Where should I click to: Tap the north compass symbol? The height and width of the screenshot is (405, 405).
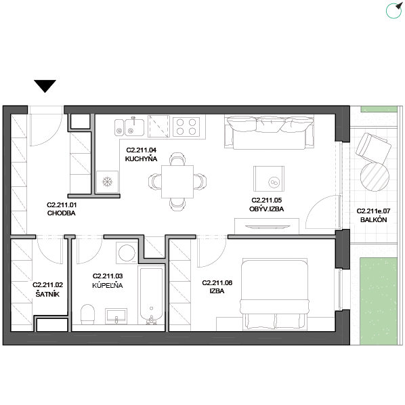click(394, 10)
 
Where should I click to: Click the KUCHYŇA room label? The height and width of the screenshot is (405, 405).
click(141, 159)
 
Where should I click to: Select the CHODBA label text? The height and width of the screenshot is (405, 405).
click(61, 213)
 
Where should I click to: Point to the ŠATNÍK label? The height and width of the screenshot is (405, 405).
click(47, 294)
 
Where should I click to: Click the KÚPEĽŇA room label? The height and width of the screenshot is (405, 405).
click(108, 285)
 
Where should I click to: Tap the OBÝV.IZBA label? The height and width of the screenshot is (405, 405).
click(267, 209)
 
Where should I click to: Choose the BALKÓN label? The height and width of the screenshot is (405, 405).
click(373, 220)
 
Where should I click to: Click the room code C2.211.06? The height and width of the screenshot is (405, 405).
click(217, 283)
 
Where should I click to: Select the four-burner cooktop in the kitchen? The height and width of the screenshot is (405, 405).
click(186, 127)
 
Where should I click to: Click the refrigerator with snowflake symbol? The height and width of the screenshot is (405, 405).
click(107, 182)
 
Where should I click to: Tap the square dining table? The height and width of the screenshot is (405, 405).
click(177, 182)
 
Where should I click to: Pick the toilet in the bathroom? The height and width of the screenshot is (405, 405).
click(87, 314)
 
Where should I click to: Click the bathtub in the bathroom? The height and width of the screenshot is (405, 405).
click(151, 295)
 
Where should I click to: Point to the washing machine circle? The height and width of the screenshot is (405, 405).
click(127, 253)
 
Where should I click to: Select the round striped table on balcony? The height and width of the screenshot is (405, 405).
click(375, 177)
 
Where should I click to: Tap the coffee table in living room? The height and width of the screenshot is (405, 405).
click(269, 179)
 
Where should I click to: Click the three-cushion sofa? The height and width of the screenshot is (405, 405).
click(269, 132)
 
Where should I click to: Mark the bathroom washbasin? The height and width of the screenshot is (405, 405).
click(116, 316)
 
